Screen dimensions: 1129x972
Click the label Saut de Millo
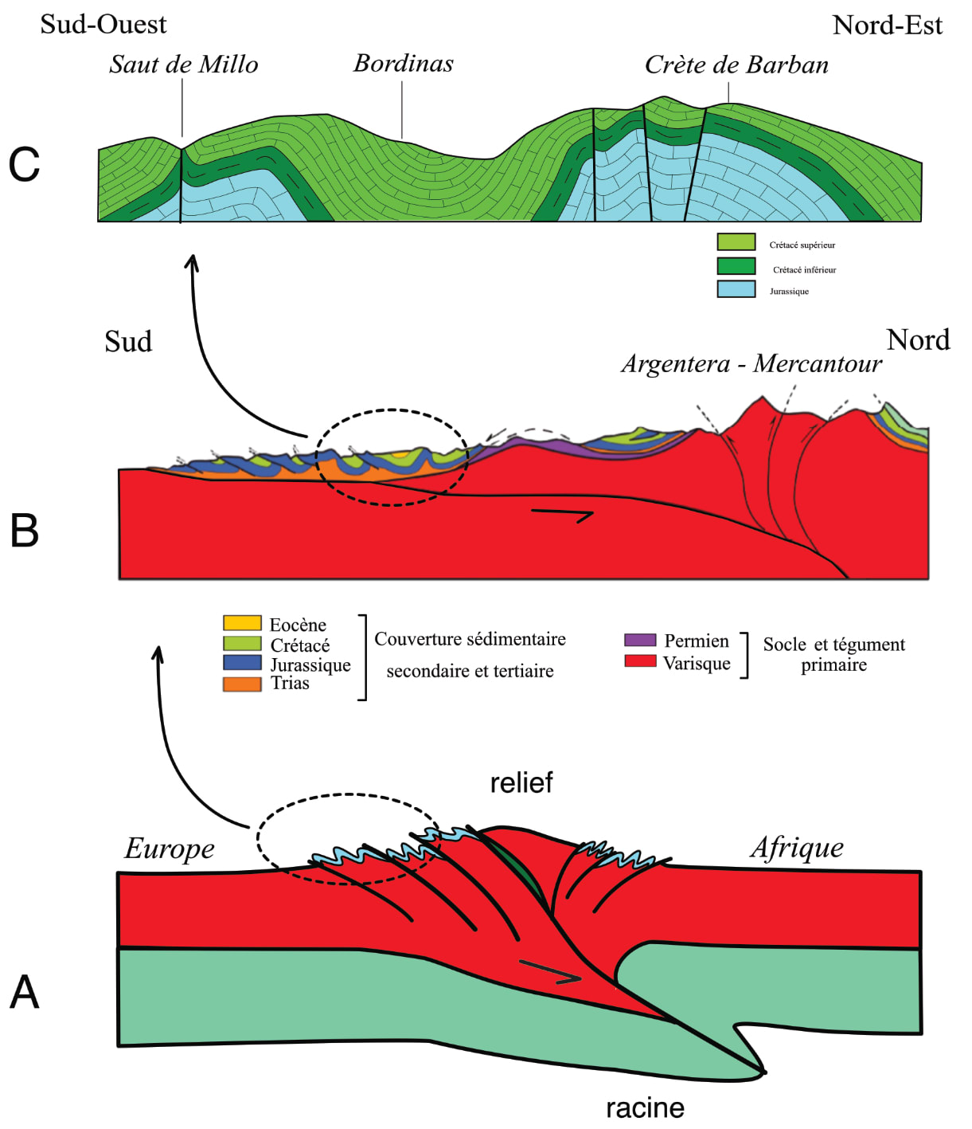click(184, 65)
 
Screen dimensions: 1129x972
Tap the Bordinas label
click(404, 64)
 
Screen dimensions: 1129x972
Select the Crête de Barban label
click(736, 65)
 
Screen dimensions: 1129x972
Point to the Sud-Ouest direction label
click(103, 25)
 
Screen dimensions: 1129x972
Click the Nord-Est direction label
click(887, 25)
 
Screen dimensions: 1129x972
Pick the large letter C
click(24, 166)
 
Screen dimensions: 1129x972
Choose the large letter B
click(25, 531)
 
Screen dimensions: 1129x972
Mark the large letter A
click(25, 993)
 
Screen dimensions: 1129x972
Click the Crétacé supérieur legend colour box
click(736, 242)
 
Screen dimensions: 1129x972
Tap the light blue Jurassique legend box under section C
click(736, 289)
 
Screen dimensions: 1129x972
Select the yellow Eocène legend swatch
click(242, 623)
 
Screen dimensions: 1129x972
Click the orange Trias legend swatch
click(242, 684)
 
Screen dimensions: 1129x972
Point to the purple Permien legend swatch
click(640, 640)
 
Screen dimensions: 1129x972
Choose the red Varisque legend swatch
click(640, 661)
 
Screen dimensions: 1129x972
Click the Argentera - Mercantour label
click(751, 364)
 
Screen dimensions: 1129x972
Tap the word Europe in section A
click(170, 849)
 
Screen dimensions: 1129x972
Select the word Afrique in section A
click(797, 848)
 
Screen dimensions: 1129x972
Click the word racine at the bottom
click(645, 1107)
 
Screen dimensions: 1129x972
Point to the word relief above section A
click(521, 783)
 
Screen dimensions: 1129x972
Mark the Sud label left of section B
click(128, 342)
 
